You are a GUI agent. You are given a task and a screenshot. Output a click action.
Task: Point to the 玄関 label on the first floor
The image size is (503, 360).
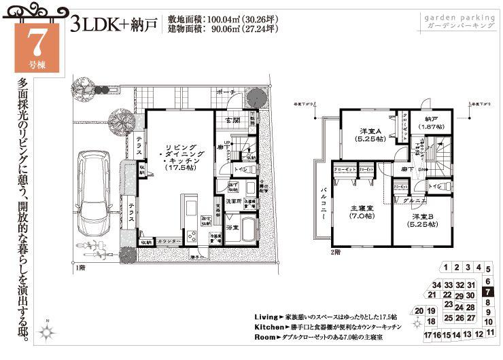click(x=232, y=120)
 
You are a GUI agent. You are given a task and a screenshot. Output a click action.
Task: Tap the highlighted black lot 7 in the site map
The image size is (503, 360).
click(x=487, y=292)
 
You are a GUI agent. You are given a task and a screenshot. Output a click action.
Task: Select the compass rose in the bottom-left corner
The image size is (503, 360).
click(x=47, y=332)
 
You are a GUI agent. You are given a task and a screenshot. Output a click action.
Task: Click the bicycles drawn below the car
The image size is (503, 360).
click(x=88, y=244)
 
